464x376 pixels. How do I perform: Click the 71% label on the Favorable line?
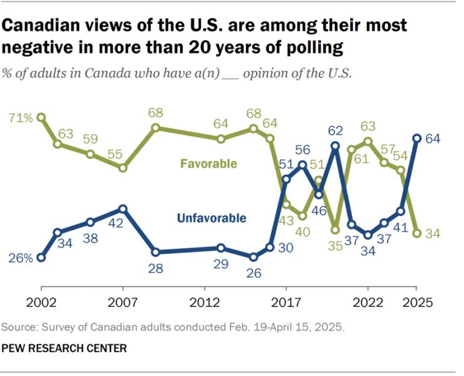tap(21, 117)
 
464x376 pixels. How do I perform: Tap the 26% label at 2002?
tap(21, 258)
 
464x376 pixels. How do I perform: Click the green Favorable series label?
tap(209, 164)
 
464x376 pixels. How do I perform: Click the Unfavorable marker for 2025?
tap(416, 138)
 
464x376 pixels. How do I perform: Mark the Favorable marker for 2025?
tap(416, 233)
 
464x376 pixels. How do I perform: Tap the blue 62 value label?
tap(336, 131)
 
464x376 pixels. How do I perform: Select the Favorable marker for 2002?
tap(41, 117)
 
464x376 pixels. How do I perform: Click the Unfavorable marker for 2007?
tap(123, 209)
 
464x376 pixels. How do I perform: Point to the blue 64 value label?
tap(433, 138)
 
